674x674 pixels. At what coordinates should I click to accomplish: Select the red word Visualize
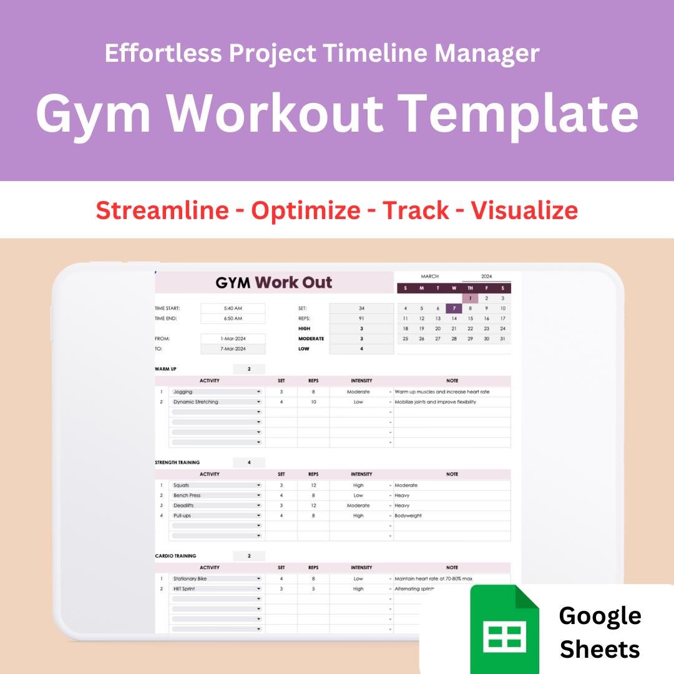point(524,210)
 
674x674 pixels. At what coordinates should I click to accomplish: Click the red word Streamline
point(162,210)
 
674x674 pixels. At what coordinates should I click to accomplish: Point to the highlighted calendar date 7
point(454,308)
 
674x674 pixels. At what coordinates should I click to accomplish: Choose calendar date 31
point(502,338)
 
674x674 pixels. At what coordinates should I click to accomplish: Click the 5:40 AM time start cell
point(233,308)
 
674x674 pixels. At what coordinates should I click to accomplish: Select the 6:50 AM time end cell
point(233,318)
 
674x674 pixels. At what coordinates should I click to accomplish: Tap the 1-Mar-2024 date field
point(233,338)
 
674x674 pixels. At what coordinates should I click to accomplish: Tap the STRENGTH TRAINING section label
point(177,462)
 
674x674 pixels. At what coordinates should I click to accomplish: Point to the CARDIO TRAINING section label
point(175,556)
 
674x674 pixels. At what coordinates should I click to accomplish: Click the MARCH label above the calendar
point(429,276)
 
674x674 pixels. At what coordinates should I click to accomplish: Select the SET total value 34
point(361,308)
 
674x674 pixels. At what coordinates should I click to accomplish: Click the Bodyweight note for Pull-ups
point(408,515)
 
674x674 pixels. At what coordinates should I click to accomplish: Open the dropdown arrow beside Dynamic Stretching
point(258,402)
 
